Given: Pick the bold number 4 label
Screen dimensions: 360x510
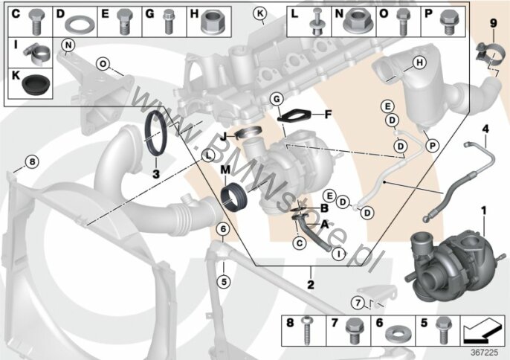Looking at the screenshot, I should tap(485, 130).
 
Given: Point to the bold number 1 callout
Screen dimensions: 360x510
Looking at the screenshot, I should tap(483, 211).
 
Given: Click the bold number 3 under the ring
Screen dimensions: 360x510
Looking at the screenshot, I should tap(155, 174).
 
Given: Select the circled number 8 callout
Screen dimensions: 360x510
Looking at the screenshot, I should tap(30, 161).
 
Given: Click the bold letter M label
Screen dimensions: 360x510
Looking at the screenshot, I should tap(224, 170).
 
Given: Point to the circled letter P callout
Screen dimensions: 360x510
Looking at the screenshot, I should tap(433, 144).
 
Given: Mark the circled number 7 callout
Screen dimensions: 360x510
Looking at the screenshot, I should tap(357, 302).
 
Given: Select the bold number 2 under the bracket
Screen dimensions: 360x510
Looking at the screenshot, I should tap(310, 284).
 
